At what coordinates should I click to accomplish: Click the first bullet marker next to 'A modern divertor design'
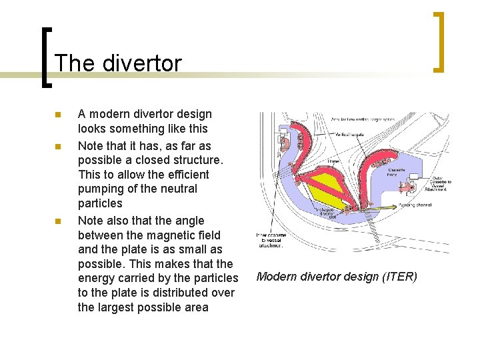pyautogui.click(x=58, y=115)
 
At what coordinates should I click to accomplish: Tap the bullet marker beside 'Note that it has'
pyautogui.click(x=58, y=146)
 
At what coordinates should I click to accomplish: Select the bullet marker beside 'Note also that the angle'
pyautogui.click(x=58, y=221)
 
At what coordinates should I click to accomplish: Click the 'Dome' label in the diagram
pyautogui.click(x=333, y=161)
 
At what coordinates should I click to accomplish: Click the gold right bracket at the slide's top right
pyautogui.click(x=439, y=41)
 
